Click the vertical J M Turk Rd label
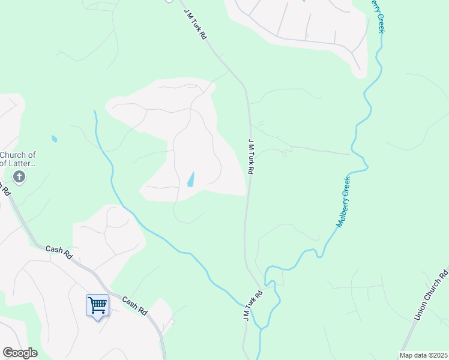click(251, 155)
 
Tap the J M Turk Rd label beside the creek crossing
click(253, 305)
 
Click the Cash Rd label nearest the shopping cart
click(134, 307)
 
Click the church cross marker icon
click(19, 176)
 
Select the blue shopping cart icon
click(97, 305)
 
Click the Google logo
click(20, 353)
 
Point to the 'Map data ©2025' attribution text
click(423, 355)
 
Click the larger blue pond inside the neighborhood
click(191, 179)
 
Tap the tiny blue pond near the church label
click(55, 139)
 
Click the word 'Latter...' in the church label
click(24, 163)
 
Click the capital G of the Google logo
click(8, 352)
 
